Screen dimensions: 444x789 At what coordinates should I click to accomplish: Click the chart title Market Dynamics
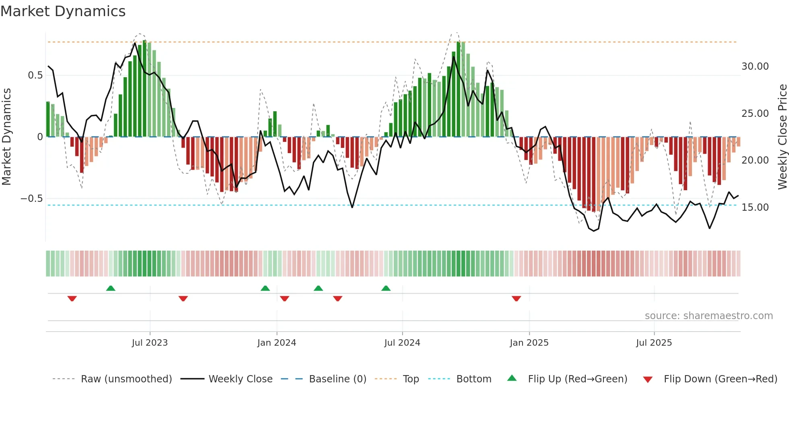coord(63,11)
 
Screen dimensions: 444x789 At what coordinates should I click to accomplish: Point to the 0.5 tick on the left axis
coord(35,75)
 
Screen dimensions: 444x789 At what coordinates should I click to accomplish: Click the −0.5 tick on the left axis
coord(31,199)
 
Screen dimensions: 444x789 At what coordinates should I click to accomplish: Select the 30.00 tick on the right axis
coord(755,66)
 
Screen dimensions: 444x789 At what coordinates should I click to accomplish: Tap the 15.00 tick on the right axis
coord(755,207)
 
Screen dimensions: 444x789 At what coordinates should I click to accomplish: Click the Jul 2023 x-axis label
coord(150,343)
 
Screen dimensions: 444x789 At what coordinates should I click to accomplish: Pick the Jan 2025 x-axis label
coord(529,343)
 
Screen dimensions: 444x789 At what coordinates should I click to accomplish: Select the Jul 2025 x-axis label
coord(654,343)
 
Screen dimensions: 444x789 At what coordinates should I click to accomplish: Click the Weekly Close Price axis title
coord(782,137)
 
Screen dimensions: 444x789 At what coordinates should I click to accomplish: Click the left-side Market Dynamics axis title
coord(6,137)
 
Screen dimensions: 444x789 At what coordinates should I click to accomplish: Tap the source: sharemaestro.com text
coord(708,316)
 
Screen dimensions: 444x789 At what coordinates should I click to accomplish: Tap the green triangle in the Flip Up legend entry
coord(512,378)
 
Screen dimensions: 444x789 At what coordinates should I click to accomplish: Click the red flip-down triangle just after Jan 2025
coord(516,299)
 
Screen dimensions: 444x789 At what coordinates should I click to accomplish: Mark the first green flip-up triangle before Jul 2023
coord(111,288)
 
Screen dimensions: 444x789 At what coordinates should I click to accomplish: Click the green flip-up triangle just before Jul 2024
coord(386,288)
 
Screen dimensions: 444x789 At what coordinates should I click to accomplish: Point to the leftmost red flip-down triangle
coord(72,299)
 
